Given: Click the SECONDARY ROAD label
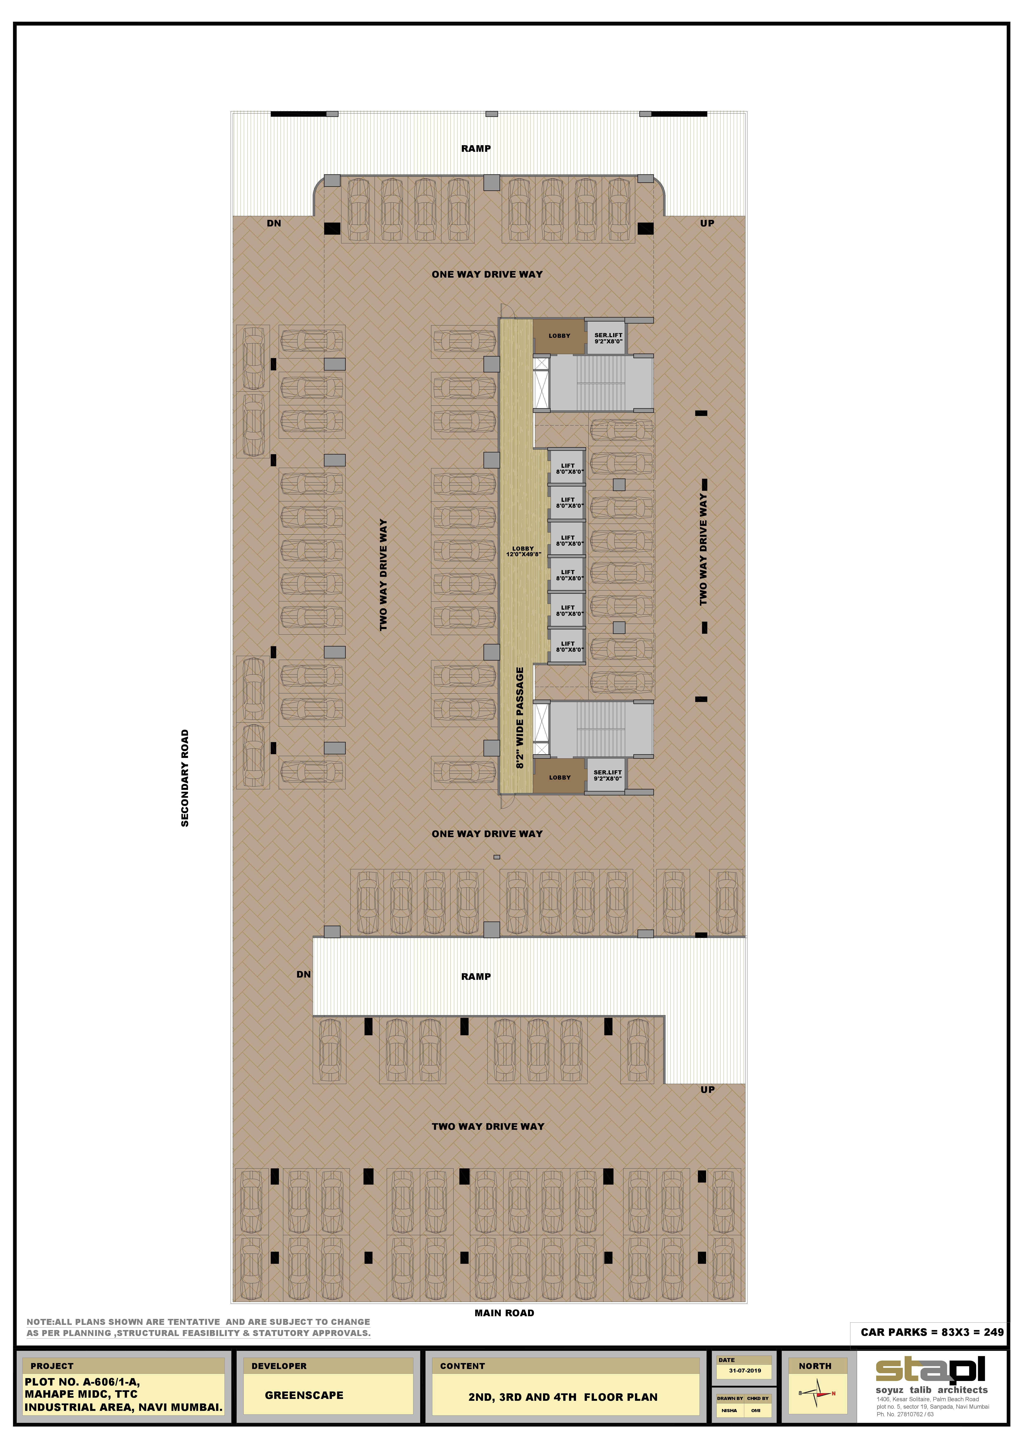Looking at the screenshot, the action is pyautogui.click(x=185, y=778).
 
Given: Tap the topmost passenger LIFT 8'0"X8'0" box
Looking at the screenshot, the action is pyautogui.click(x=568, y=468).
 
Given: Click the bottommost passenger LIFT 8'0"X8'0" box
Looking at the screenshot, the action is pyautogui.click(x=568, y=646).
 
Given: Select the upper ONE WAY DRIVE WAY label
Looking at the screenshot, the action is pyautogui.click(x=487, y=274).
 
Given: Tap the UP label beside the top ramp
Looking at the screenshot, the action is pyautogui.click(x=707, y=223).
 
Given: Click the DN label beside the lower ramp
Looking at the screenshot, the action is pyautogui.click(x=303, y=974).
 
